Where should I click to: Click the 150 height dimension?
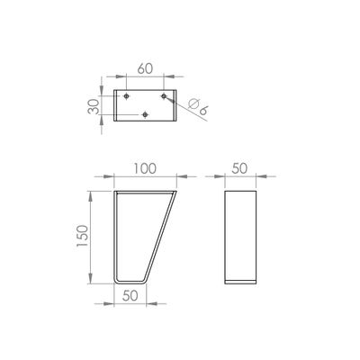coord(84,235)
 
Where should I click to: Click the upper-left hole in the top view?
coord(127,95)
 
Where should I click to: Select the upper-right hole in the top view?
coord(164,95)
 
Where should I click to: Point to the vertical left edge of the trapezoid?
coord(115,235)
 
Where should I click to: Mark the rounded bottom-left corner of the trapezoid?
coord(117,278)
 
